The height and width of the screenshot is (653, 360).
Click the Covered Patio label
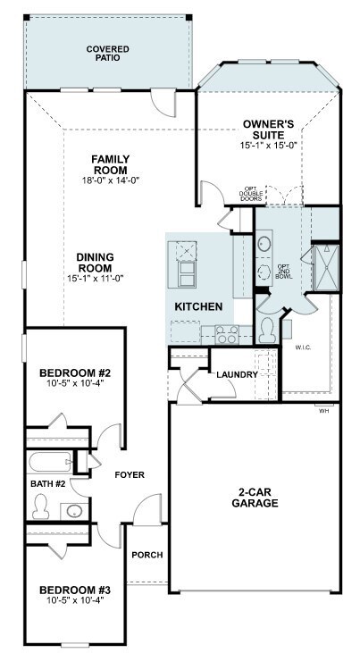[x=108, y=54]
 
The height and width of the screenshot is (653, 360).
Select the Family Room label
[x=111, y=165]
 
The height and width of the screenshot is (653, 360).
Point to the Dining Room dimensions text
[x=96, y=278]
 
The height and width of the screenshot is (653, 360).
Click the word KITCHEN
[x=198, y=307]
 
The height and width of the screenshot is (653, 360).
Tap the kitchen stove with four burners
[x=227, y=334]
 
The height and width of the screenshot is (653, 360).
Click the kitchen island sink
[x=186, y=251]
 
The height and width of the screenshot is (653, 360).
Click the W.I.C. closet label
[x=304, y=347]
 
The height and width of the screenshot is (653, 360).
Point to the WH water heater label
[x=323, y=410]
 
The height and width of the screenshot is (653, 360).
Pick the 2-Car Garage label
[x=255, y=498]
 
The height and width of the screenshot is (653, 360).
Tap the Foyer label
[x=130, y=474]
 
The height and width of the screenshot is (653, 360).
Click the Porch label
[x=147, y=555]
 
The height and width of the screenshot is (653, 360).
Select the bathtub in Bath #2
[x=50, y=462]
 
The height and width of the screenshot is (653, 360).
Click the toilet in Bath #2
[x=41, y=506]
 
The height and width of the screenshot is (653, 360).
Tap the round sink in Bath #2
[x=74, y=511]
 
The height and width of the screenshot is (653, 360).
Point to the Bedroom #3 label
[x=74, y=590]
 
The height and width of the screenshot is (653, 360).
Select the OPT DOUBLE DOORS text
[x=251, y=194]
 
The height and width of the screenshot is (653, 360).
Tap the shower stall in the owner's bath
[x=326, y=268]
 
